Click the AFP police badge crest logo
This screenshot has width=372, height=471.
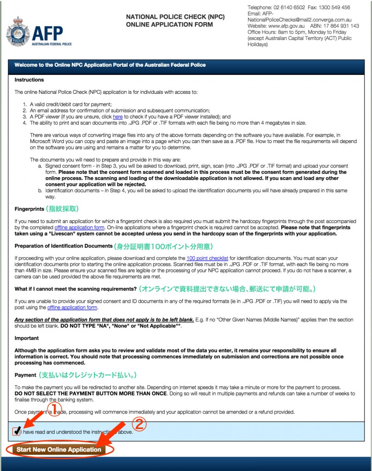pyautogui.click(x=17, y=31)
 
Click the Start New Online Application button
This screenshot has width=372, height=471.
pyautogui.click(x=58, y=449)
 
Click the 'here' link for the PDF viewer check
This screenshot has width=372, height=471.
pyautogui.click(x=117, y=117)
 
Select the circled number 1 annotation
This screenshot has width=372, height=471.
pyautogui.click(x=54, y=408)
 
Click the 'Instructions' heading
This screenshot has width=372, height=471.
pyautogui.click(x=29, y=80)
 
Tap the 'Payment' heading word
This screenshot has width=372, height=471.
pyautogui.click(x=25, y=375)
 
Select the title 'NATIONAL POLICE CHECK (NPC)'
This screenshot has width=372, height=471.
pyautogui.click(x=175, y=17)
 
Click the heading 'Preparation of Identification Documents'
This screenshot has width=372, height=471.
pyautogui.click(x=64, y=247)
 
